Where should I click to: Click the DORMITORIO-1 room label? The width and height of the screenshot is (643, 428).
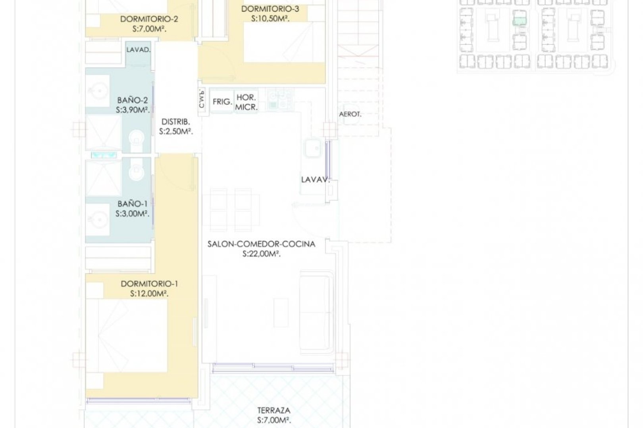point(149,284)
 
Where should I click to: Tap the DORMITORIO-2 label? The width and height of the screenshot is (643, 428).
point(149,19)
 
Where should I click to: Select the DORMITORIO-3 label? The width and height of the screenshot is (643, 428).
point(270,9)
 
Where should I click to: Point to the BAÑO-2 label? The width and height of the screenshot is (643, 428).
point(133,101)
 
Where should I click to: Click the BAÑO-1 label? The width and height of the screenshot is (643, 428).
point(133,204)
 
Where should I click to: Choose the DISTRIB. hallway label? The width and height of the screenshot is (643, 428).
point(176,122)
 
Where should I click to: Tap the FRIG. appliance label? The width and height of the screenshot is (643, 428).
point(222,102)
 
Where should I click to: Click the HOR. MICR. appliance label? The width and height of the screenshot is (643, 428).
point(246,102)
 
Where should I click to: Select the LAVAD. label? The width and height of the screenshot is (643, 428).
point(138,50)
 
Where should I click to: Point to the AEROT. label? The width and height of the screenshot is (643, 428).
point(350,114)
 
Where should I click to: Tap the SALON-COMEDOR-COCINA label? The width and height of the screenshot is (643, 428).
point(261,244)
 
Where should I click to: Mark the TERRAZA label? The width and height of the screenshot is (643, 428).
point(273,411)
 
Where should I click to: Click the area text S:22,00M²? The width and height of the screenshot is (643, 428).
point(261,254)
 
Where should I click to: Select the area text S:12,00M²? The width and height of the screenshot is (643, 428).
point(149,294)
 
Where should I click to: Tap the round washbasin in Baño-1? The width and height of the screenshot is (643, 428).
point(97,219)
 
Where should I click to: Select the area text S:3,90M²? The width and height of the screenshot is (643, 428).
point(133,110)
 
